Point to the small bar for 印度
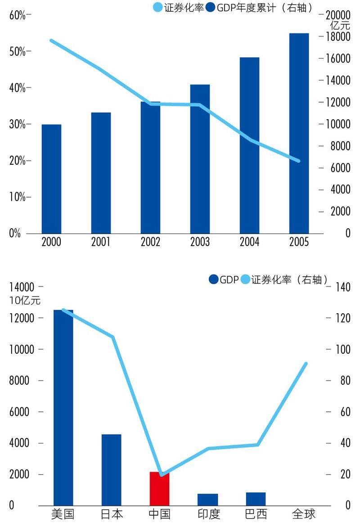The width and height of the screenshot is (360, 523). pos(207,499)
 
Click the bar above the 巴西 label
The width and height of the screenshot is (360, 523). pos(256,499)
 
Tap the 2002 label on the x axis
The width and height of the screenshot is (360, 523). pos(150,242)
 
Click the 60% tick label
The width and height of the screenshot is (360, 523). pos(17,15)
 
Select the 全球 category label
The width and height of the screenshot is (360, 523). pos(304,514)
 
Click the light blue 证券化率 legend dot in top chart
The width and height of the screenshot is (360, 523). pos(158,8)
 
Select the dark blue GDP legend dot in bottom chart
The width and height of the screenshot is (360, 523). pos(214,280)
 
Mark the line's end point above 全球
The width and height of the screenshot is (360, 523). pos(306,364)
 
